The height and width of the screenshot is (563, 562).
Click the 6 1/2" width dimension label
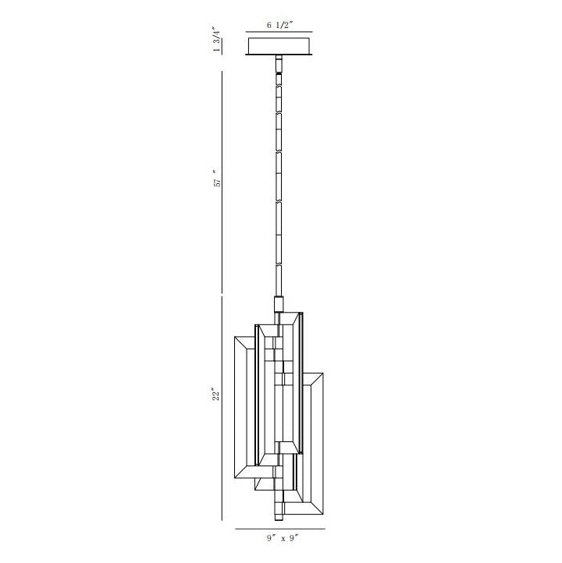[x=279, y=25]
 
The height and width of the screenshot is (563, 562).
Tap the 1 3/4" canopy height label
[x=216, y=40]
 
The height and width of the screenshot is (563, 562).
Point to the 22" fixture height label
[x=215, y=394]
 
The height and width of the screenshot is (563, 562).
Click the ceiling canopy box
[x=279, y=44]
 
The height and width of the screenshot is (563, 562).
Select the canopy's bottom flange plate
[x=279, y=55]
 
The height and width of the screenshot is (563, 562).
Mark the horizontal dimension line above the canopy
[x=279, y=32]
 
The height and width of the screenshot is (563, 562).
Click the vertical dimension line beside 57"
[x=222, y=177]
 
